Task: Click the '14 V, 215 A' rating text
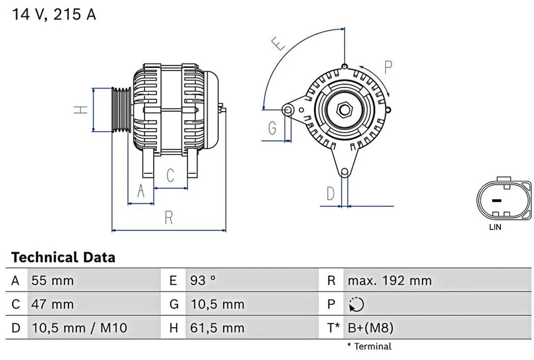point(54,15)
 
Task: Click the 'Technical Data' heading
point(63,257)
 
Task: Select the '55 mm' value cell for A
point(52,281)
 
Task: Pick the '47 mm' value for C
point(52,304)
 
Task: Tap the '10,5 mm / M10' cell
point(79,328)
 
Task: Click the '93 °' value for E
point(203,281)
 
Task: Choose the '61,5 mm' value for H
point(217,328)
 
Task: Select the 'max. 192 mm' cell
point(389,281)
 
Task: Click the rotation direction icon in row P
point(357,304)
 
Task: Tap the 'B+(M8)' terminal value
point(371,328)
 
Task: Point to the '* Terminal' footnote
point(369,346)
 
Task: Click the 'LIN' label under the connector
point(495,227)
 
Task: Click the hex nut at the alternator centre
point(344,110)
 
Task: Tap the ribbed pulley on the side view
point(122,109)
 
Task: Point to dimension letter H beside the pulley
point(81,109)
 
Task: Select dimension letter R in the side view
point(169,218)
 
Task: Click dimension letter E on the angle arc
point(279,43)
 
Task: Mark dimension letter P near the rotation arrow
point(388,67)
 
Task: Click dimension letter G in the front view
point(272,128)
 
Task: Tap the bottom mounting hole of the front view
point(345,172)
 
